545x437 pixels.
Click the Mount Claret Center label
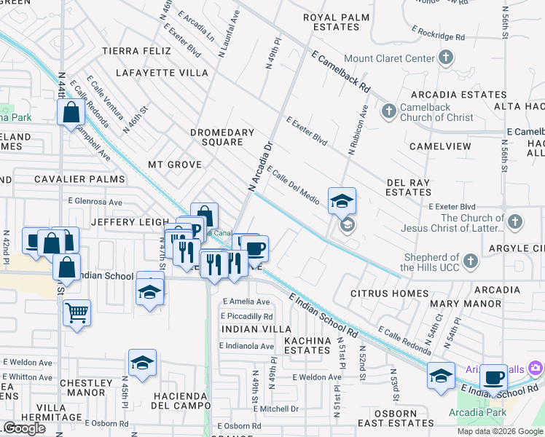pos(389,58)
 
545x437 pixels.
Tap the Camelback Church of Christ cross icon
pos(389,111)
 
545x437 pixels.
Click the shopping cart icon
pos(77,313)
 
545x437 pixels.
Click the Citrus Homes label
pos(390,294)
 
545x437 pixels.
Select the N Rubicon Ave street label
pos(358,130)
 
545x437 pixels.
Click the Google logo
pos(24,428)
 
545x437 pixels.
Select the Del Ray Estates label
pos(408,187)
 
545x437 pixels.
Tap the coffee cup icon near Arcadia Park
pos(493,377)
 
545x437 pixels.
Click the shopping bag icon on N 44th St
pos(71,112)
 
